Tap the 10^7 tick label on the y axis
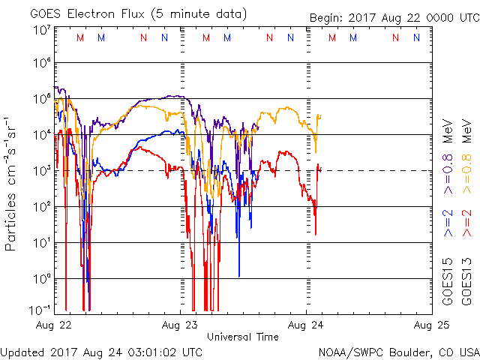41,30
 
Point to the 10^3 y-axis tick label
41,171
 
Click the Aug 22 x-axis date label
55,325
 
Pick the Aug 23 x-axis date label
181,325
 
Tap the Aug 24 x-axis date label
306,325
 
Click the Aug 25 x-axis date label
430,325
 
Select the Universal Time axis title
243,337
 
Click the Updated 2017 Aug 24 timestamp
101,351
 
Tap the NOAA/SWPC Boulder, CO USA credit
398,351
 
